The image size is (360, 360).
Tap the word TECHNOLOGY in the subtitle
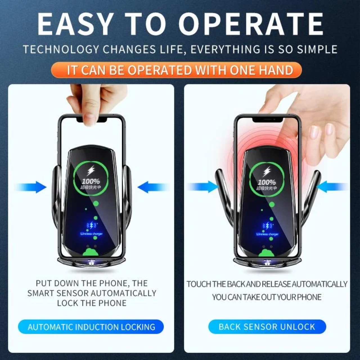(x=61, y=49)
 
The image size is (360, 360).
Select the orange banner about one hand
(x=176, y=70)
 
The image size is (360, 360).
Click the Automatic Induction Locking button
(x=91, y=327)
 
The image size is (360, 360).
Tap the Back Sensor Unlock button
(x=267, y=327)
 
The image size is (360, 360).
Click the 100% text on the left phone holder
(x=91, y=181)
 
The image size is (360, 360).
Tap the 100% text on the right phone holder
(x=266, y=182)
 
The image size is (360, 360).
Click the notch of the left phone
(x=92, y=120)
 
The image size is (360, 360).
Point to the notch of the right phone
(x=267, y=120)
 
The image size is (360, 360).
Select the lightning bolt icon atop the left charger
(x=91, y=171)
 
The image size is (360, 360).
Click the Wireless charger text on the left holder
(x=91, y=234)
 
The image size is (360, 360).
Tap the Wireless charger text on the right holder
(x=267, y=234)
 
